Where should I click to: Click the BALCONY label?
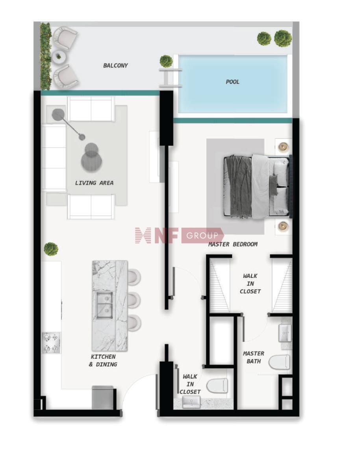tap(115, 65)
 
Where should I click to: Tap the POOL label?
tap(232, 82)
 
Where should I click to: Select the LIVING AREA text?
tap(94, 182)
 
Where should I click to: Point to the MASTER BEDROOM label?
tap(233, 244)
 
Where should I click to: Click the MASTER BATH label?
tap(253, 357)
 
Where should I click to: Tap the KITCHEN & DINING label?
tap(103, 361)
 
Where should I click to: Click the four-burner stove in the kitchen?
tap(51, 343)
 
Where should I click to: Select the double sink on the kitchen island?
tap(104, 304)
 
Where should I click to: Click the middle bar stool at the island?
tap(134, 300)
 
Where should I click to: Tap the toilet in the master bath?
tap(279, 362)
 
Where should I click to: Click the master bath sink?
tap(285, 333)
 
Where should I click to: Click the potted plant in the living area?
tap(51, 249)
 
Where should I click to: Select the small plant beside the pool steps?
tap(166, 61)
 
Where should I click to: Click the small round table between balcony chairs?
tap(58, 56)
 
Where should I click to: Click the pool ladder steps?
tap(170, 78)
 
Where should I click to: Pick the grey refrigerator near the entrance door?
tap(103, 397)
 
